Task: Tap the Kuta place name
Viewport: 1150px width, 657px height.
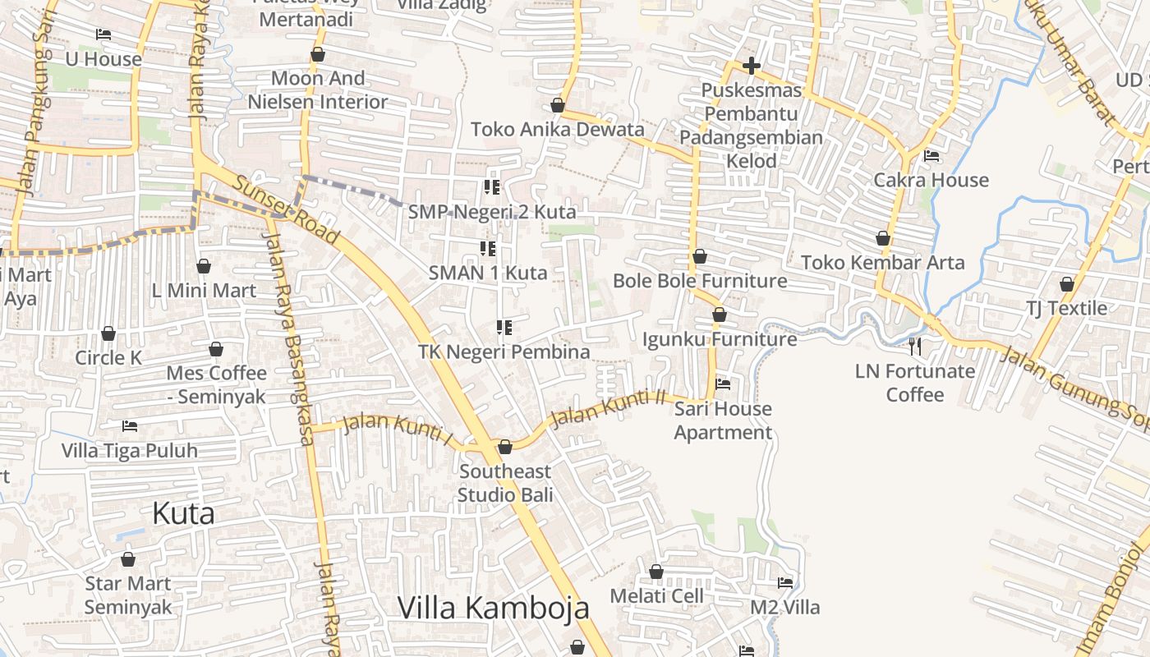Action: coord(184,513)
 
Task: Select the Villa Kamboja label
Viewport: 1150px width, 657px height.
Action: coord(494,608)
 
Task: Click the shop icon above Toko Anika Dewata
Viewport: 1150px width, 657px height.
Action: coord(558,106)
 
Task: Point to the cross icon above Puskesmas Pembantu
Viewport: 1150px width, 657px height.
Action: coord(751,66)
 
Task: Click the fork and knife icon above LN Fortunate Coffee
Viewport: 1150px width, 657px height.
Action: coord(915,347)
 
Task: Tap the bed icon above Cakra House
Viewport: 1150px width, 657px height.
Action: coord(931,155)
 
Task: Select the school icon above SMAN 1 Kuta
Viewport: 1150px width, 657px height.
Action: coord(488,248)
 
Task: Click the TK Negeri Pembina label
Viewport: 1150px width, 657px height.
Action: coord(504,352)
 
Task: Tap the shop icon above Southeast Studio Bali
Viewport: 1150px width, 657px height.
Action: coord(505,447)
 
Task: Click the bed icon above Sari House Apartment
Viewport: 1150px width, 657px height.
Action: coord(723,384)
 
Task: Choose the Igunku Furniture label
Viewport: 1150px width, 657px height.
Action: coord(720,339)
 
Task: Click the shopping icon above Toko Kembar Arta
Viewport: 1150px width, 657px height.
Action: coord(883,239)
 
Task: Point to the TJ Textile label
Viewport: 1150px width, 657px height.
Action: coord(1066,308)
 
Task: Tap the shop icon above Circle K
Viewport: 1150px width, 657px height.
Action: coord(108,333)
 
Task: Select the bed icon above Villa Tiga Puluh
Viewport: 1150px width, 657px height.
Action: coord(130,426)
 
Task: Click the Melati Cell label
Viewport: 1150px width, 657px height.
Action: coord(656,595)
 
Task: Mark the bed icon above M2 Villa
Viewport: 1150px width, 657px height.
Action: coord(785,583)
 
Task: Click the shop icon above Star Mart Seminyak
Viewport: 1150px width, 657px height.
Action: coord(128,560)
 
